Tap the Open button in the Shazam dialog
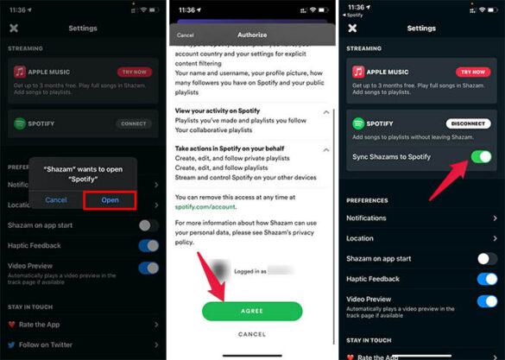tap(110, 199)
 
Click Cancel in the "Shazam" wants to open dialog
tap(56, 199)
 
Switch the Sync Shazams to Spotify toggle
tap(481, 157)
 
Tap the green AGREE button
tap(252, 311)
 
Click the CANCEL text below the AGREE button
tap(252, 334)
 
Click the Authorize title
tap(253, 35)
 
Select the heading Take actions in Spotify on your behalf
tap(233, 149)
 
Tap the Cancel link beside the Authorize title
tap(185, 35)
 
